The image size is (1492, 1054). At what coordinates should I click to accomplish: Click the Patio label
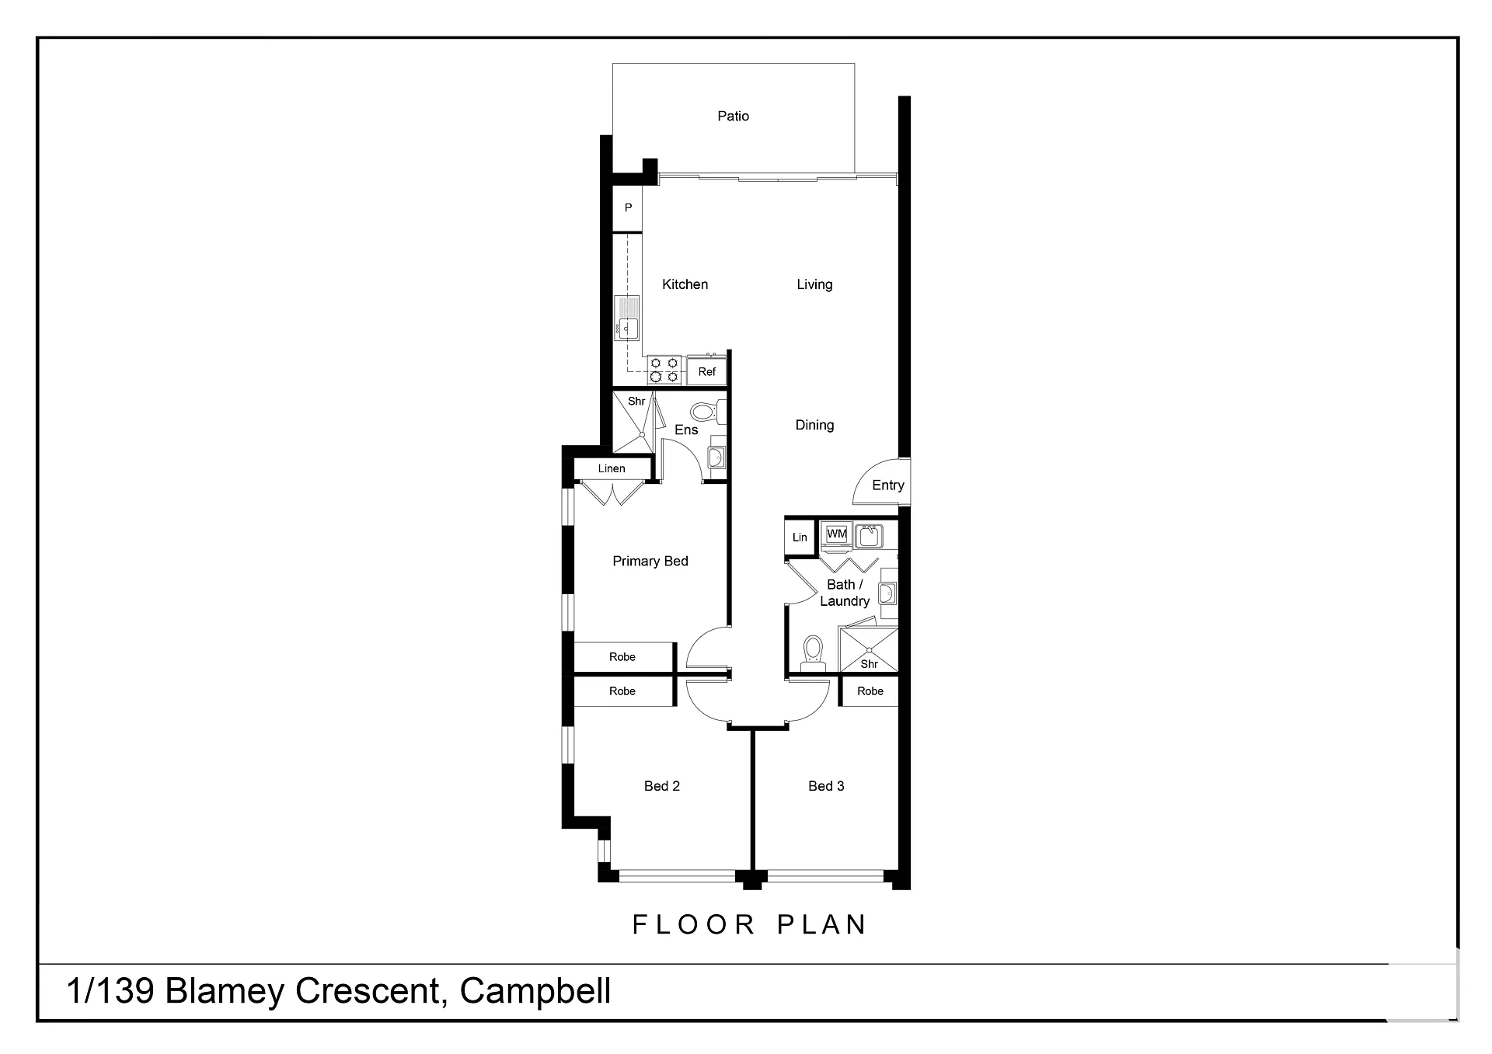[733, 117]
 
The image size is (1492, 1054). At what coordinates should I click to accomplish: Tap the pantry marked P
[628, 208]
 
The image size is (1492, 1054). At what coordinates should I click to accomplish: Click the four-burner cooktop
[664, 370]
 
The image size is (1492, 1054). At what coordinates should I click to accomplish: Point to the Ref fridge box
[707, 371]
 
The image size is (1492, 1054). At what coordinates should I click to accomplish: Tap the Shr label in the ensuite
[636, 402]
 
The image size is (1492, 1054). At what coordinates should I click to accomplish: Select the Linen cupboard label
[612, 468]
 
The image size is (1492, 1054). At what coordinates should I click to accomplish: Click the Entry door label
[888, 485]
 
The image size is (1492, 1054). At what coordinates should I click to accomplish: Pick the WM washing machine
[837, 534]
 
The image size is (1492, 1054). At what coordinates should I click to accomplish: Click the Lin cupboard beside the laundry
[800, 537]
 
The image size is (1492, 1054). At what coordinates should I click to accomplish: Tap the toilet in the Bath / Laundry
[813, 652]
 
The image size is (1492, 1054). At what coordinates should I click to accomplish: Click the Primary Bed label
[650, 562]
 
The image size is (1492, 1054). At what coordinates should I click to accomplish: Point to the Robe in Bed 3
[870, 691]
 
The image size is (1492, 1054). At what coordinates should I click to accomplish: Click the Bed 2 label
[662, 786]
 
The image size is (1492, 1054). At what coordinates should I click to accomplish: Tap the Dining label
[814, 426]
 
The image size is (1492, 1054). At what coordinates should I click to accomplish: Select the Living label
[814, 285]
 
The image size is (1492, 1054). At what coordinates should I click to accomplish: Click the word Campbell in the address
[535, 992]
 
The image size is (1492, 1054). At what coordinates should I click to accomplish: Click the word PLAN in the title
[822, 924]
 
